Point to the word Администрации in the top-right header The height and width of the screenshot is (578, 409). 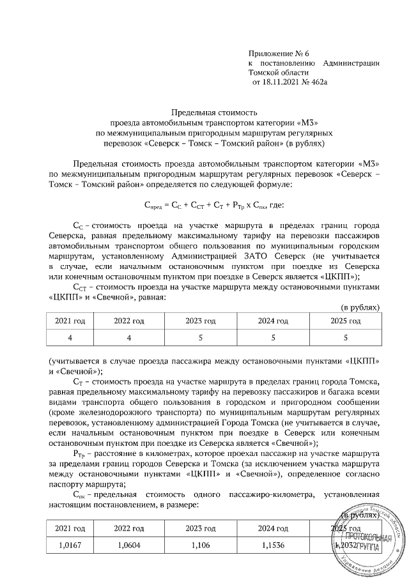353,63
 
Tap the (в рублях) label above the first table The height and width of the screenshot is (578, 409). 360,307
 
